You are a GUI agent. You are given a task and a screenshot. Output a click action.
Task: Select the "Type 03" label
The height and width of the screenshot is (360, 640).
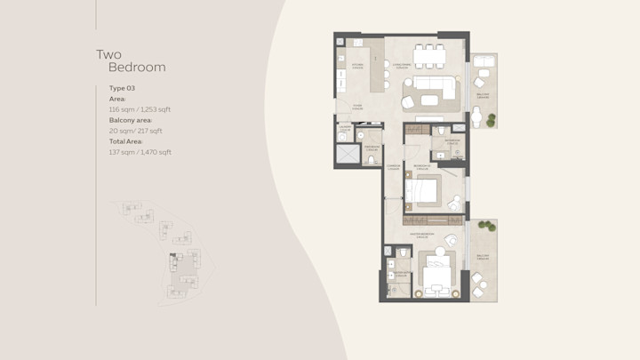tap(122, 89)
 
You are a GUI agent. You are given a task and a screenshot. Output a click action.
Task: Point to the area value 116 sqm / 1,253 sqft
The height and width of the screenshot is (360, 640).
tap(140, 109)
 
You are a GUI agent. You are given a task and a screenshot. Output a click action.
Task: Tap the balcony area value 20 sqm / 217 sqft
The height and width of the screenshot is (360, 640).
tap(135, 131)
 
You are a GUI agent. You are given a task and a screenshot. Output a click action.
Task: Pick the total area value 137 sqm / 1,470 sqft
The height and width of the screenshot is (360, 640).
tap(140, 152)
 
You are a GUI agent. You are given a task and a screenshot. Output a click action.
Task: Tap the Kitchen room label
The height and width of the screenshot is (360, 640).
tap(357, 65)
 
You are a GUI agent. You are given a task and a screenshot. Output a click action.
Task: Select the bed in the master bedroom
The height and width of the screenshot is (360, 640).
tap(438, 276)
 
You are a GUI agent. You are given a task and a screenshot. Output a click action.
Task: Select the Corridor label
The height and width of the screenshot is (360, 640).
tap(392, 166)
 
